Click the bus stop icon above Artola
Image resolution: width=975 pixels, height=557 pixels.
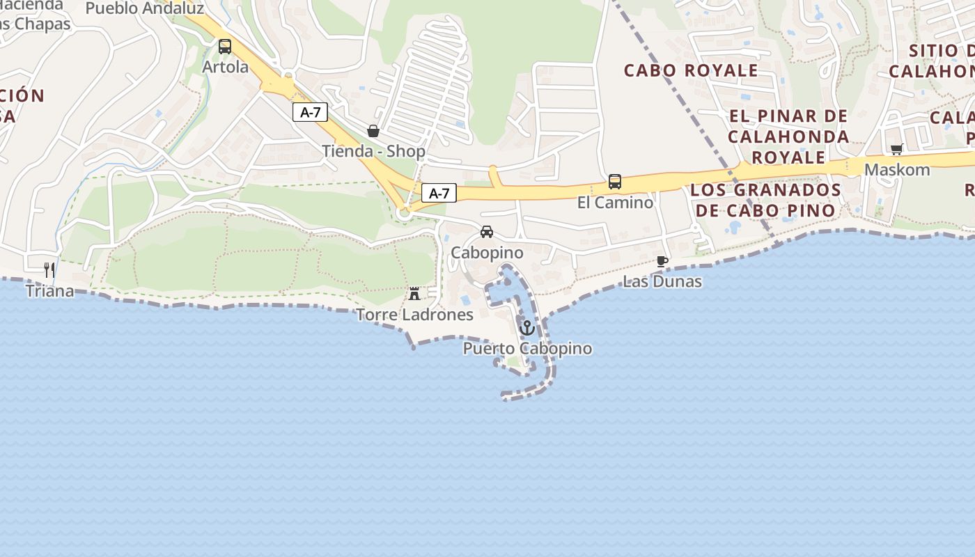(x=224, y=47)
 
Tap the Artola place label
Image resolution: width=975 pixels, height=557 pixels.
(x=225, y=67)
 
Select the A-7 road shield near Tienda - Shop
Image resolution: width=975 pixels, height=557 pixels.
(x=310, y=112)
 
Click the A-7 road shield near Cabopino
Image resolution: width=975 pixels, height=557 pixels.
(x=439, y=193)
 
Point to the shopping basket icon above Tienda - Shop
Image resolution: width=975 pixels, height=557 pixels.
(x=373, y=131)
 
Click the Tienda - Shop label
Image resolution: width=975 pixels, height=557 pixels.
(x=373, y=150)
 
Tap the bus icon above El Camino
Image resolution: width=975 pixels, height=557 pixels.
(x=615, y=182)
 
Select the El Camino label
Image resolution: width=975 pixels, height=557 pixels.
(x=615, y=203)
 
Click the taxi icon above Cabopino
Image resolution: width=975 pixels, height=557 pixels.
(x=487, y=232)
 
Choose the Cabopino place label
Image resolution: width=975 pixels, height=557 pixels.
(x=487, y=252)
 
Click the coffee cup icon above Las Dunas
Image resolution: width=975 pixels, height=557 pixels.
(x=662, y=262)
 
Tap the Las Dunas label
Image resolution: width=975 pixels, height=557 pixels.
(x=662, y=281)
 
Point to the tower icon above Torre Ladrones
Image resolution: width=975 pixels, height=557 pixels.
(x=414, y=294)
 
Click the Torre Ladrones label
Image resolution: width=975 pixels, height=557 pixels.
(x=414, y=315)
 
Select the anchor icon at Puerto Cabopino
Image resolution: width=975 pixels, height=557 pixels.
(x=527, y=327)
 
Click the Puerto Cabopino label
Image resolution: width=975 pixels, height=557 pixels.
(x=527, y=348)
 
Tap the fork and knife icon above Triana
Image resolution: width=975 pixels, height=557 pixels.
(x=49, y=270)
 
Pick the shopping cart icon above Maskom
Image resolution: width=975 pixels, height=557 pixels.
(x=897, y=150)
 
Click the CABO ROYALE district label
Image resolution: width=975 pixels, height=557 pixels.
(x=691, y=70)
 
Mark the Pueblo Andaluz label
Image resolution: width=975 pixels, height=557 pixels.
(x=145, y=8)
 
